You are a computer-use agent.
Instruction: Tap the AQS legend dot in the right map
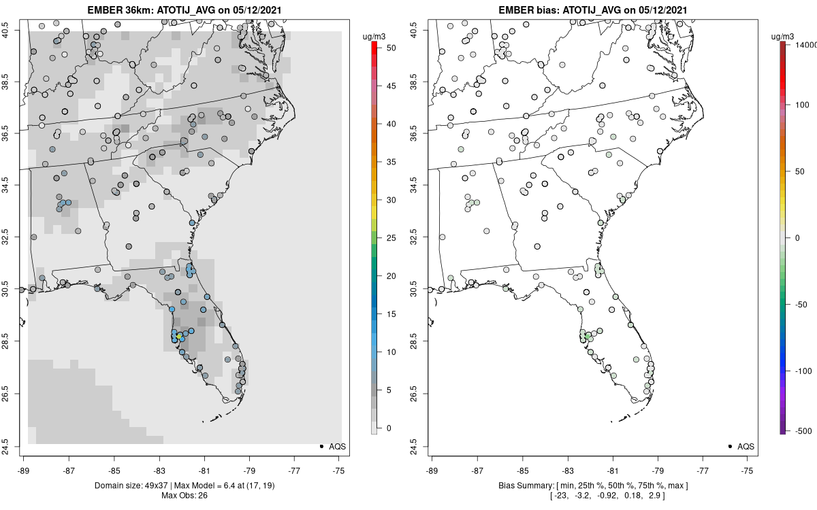730,447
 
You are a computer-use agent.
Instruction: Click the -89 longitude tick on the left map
24,469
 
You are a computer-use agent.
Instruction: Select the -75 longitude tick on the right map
748,469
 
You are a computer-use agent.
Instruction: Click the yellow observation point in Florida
179,335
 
